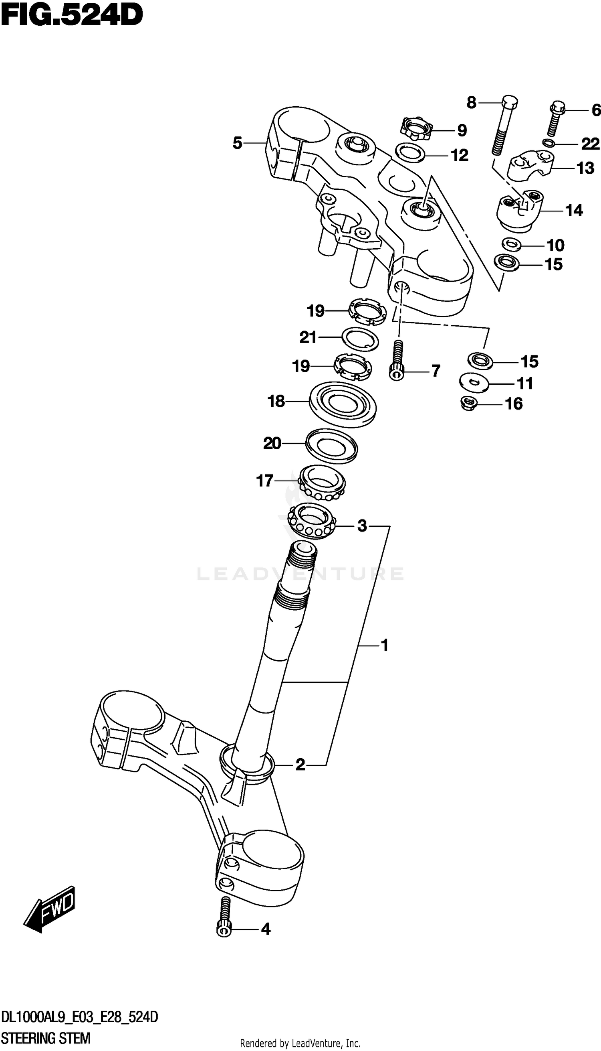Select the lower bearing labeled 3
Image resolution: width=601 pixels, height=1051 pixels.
coord(312,521)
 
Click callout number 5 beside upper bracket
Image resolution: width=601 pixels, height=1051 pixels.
coord(237,143)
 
